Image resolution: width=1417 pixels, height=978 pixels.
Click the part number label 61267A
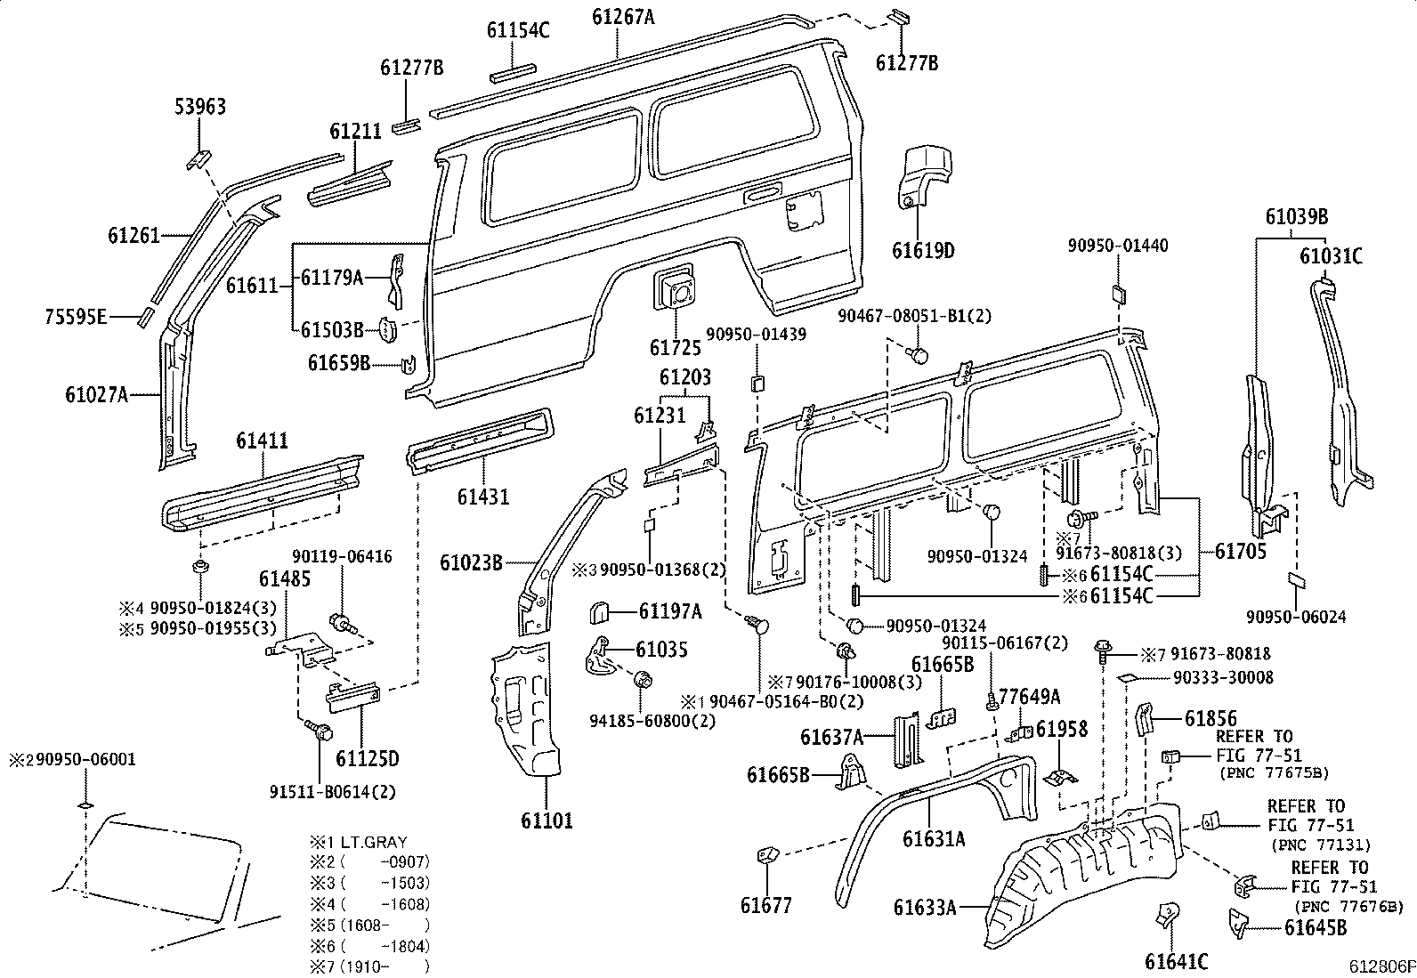tap(623, 17)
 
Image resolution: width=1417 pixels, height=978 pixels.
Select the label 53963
tap(200, 106)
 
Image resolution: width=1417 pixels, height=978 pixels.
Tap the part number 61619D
tap(923, 251)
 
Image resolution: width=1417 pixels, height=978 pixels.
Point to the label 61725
tap(675, 347)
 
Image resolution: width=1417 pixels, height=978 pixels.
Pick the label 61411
tap(262, 441)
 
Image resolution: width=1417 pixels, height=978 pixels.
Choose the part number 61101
tap(547, 820)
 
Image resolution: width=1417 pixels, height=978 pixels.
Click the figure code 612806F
tap(1382, 966)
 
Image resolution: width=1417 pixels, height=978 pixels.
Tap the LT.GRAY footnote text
tap(374, 842)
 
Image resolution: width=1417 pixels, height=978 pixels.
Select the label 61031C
tap(1331, 256)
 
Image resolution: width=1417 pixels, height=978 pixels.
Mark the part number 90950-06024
tap(1296, 616)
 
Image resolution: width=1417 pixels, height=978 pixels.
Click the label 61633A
tap(925, 907)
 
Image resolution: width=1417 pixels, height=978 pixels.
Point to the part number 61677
tap(766, 905)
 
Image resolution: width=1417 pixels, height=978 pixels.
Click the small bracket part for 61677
tap(768, 855)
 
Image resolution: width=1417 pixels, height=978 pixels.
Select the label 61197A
tap(670, 611)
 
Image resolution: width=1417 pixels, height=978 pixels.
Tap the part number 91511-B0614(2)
tap(333, 791)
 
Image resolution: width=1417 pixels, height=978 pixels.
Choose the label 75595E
tap(76, 316)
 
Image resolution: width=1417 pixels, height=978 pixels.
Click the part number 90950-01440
tap(1118, 245)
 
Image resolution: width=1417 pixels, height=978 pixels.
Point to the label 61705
tap(1241, 552)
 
